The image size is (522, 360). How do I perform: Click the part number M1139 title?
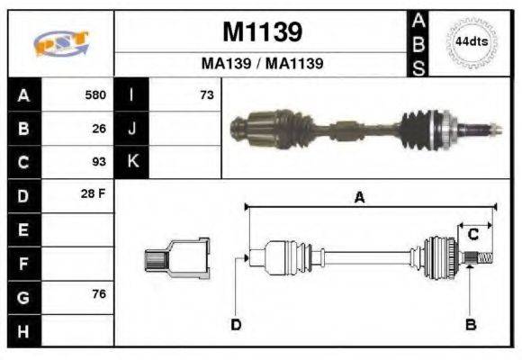tap(262, 33)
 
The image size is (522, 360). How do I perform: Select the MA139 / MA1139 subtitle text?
tap(262, 65)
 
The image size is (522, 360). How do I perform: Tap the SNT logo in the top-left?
tap(60, 42)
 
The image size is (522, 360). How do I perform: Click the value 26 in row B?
tap(99, 129)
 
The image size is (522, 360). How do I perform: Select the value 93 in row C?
tap(99, 162)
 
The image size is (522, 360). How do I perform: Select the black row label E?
tap(24, 229)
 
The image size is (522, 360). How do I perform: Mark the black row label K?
tap(132, 162)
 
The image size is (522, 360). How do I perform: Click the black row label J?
tap(132, 129)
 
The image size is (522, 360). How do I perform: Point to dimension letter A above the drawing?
tap(359, 199)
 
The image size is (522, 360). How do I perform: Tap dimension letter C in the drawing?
tap(472, 235)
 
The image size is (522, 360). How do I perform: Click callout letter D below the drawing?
tap(236, 324)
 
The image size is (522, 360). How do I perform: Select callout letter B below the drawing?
tap(470, 324)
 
